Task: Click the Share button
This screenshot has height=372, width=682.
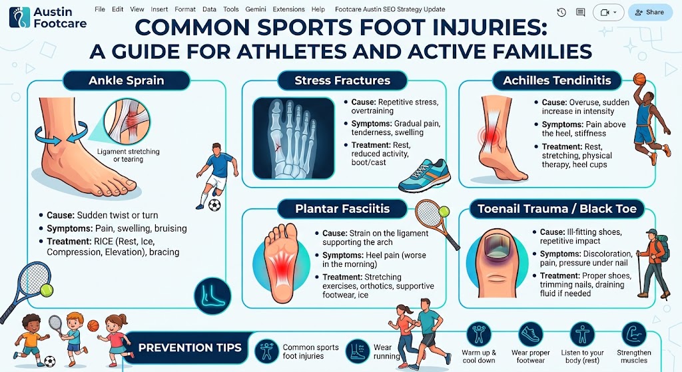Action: pyautogui.click(x=650, y=12)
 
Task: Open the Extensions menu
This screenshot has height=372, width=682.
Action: pyautogui.click(x=288, y=9)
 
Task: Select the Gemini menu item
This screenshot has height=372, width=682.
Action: pyautogui.click(x=256, y=9)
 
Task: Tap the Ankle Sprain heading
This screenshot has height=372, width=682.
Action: pyautogui.click(x=126, y=81)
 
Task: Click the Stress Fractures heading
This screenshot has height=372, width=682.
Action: pyautogui.click(x=342, y=81)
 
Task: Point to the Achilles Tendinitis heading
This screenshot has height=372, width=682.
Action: pyautogui.click(x=557, y=81)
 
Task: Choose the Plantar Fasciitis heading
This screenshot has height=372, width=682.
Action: pyautogui.click(x=342, y=208)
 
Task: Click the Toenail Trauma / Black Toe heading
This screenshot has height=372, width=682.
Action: pyautogui.click(x=557, y=208)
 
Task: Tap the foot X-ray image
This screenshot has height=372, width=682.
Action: pyautogui.click(x=294, y=138)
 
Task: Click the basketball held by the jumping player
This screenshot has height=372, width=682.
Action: pyautogui.click(x=639, y=79)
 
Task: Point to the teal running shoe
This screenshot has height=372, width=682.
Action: pyautogui.click(x=424, y=175)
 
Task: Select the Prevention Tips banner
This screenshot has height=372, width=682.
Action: pyautogui.click(x=190, y=347)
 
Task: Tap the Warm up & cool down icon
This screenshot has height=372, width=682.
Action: pyautogui.click(x=478, y=335)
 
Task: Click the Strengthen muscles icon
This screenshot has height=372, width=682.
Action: pyautogui.click(x=634, y=335)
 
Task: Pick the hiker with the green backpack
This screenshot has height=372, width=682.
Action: pyautogui.click(x=653, y=264)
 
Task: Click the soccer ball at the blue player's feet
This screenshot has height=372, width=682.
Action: pyautogui.click(x=214, y=205)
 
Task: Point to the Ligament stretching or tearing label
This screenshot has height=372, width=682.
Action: pyautogui.click(x=129, y=155)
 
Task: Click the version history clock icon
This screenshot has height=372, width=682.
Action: pyautogui.click(x=561, y=13)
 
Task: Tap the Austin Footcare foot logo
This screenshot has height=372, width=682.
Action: pyautogui.click(x=19, y=17)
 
